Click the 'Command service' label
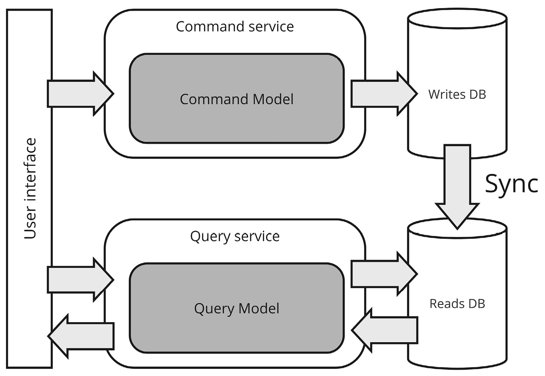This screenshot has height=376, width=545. [x=235, y=26]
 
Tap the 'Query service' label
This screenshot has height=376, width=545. [x=235, y=236]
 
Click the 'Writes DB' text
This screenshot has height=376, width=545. [x=457, y=94]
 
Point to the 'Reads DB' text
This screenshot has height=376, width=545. [x=457, y=304]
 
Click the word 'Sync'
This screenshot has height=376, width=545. [x=511, y=183]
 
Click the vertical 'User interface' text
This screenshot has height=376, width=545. [x=30, y=188]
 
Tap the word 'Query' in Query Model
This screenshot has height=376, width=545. [x=212, y=309]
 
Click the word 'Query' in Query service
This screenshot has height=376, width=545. [x=209, y=236]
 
